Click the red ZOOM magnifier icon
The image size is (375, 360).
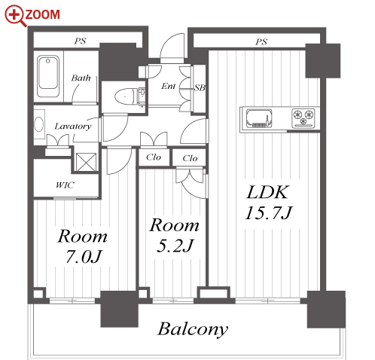(x=14, y=16)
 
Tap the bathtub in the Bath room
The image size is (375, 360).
(x=48, y=76)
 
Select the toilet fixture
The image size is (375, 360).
(x=127, y=96)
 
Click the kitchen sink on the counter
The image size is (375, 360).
(x=259, y=118)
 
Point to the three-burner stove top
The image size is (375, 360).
(x=303, y=117)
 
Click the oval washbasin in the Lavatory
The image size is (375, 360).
(x=39, y=125)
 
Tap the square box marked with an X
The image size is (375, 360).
(x=86, y=162)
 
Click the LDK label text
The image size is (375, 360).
(x=267, y=193)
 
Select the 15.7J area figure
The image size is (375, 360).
(x=269, y=213)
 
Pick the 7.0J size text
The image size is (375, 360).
(x=84, y=257)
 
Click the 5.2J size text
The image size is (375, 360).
(x=175, y=246)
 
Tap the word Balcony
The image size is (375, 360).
(x=193, y=329)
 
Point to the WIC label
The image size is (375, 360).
(x=65, y=185)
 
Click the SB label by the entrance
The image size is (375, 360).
(x=200, y=87)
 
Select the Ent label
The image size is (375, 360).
(x=169, y=86)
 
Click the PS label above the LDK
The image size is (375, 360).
(x=261, y=41)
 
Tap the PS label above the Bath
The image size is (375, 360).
(x=81, y=41)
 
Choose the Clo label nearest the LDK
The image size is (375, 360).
(x=190, y=158)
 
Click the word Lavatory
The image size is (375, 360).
(x=73, y=126)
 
